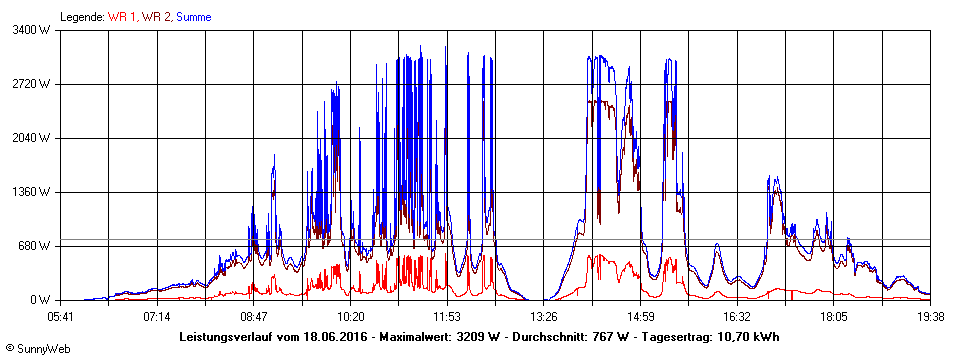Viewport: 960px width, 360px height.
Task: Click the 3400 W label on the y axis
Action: [x=32, y=30]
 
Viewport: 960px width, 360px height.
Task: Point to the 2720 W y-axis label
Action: [x=32, y=84]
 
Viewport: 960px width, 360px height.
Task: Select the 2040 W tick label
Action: [x=32, y=138]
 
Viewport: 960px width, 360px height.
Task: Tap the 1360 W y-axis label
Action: [x=32, y=192]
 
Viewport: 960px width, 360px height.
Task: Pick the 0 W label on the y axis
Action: [x=41, y=300]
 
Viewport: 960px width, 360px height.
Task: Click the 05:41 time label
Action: [x=61, y=316]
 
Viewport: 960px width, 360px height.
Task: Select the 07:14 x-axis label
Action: [x=157, y=316]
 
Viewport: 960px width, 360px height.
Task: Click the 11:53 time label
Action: [x=447, y=316]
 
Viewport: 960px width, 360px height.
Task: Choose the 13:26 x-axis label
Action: [x=544, y=316]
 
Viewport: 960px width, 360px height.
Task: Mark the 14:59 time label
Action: [x=641, y=316]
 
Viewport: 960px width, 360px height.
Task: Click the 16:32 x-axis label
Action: [x=737, y=316]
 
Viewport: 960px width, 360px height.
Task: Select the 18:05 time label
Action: [x=834, y=316]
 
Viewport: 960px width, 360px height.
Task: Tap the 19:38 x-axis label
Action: [x=930, y=316]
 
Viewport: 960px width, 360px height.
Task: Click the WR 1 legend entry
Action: [x=122, y=17]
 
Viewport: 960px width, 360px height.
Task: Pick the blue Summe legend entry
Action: [x=193, y=17]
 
